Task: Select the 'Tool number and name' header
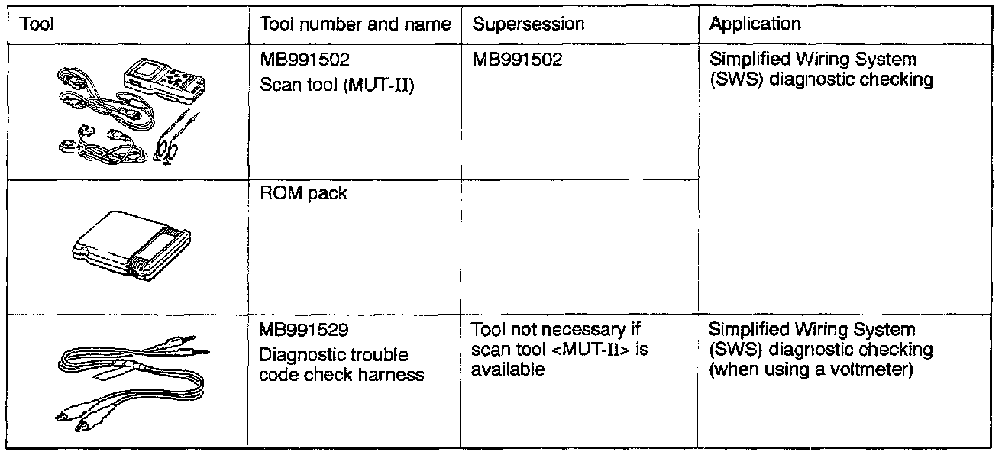[356, 24]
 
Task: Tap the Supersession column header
[528, 24]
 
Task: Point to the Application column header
[755, 24]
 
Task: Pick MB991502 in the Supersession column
[517, 60]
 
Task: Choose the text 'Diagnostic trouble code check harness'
[340, 365]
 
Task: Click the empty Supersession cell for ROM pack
[579, 244]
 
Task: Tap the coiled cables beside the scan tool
[99, 115]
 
